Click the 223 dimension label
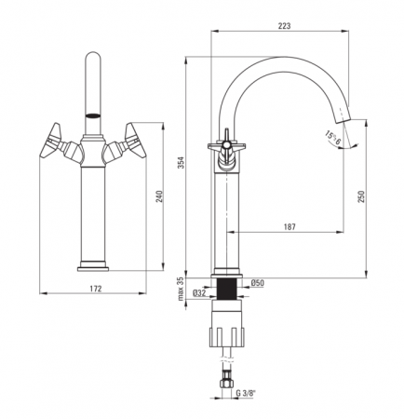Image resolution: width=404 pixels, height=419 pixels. pos(284,26)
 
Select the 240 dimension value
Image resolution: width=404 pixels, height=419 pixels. pos(159,196)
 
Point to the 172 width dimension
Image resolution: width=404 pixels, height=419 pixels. pos(96,289)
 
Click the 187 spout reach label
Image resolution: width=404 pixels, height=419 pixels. pos(290,227)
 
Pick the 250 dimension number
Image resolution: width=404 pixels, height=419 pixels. pos(361,196)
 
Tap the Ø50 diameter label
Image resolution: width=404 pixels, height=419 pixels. pos(257,283)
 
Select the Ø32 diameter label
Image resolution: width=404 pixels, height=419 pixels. pos(199,292)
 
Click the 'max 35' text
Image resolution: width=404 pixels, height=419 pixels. pos(181,290)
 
